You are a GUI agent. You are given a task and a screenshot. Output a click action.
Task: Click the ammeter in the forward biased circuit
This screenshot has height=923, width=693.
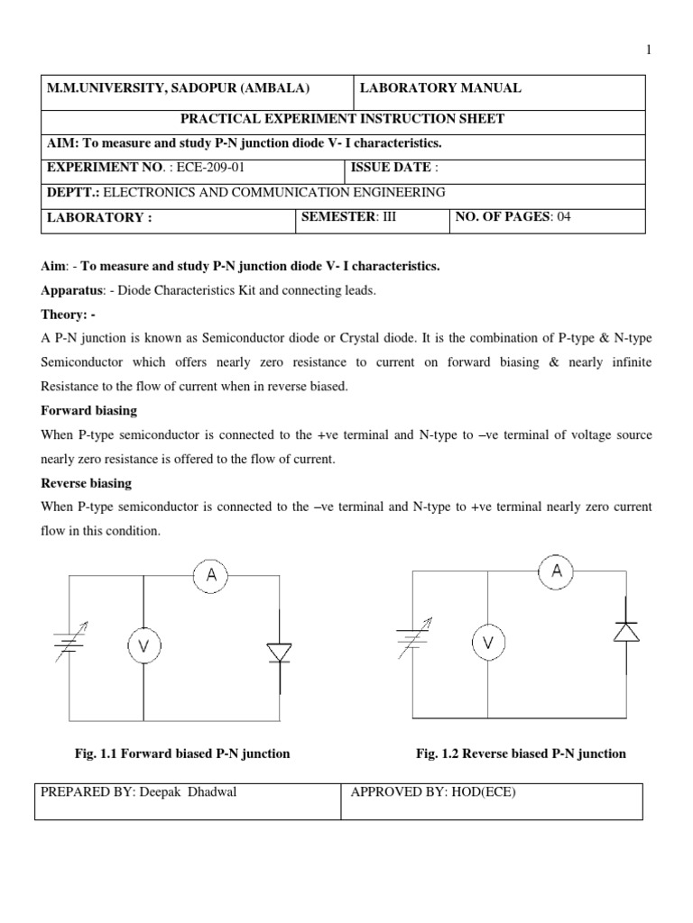pos(211,578)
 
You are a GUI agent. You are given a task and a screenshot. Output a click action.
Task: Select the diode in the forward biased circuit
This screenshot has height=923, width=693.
pos(279,653)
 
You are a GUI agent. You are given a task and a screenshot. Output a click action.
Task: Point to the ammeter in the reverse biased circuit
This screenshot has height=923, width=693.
pos(557,571)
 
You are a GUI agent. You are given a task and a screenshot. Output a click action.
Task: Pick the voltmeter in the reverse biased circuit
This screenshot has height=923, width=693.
pos(488,643)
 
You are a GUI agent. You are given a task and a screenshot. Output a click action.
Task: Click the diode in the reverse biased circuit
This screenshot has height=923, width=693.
pos(625,630)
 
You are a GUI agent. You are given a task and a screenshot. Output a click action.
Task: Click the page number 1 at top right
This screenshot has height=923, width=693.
pos(648,50)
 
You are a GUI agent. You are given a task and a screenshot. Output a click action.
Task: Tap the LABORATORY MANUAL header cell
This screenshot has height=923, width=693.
pos(440,88)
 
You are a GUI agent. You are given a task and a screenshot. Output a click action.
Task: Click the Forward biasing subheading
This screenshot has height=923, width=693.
pos(89,410)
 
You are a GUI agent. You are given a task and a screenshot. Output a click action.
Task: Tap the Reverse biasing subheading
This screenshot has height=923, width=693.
pos(87,483)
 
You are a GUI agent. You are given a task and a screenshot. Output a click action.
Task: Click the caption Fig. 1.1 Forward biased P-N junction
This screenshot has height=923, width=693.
pos(182,754)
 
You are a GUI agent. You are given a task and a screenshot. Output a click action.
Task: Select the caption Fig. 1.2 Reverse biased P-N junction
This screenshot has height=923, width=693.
pos(521,754)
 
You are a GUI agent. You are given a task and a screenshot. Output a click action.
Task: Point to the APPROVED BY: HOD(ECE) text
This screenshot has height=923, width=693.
pos(432,793)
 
